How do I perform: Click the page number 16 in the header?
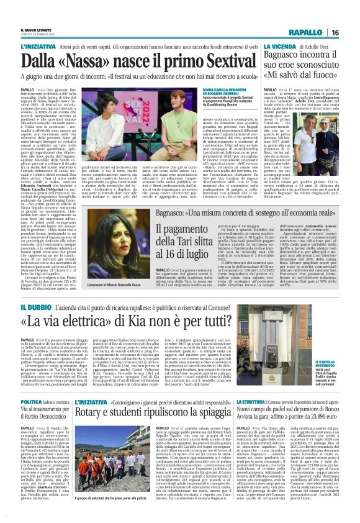point(350,14)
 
